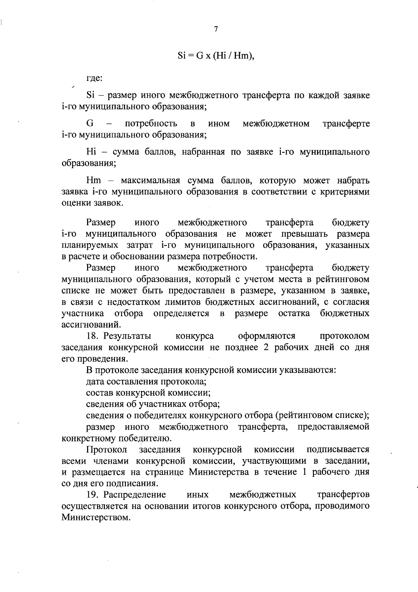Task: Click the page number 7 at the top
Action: point(216,29)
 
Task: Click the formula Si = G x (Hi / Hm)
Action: point(216,56)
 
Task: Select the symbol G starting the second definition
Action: point(89,123)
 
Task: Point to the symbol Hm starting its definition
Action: point(93,181)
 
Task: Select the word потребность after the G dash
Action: point(151,123)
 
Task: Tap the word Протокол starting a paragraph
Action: point(106,449)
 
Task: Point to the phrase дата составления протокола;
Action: point(147,382)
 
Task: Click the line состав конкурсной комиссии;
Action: point(148,393)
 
